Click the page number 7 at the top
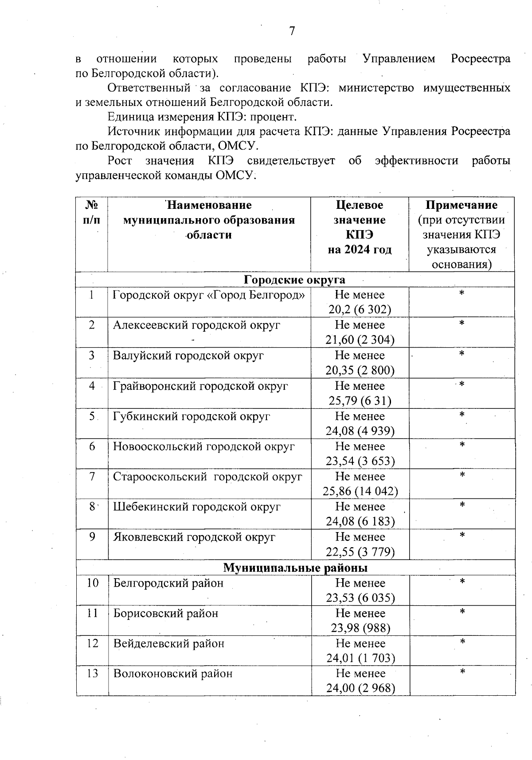(x=292, y=31)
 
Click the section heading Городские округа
(x=294, y=280)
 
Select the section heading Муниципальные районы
(x=295, y=568)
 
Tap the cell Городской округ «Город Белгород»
(x=209, y=295)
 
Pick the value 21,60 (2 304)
(x=360, y=340)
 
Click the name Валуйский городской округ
(x=188, y=356)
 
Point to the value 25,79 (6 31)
(x=360, y=401)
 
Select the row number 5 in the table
(x=92, y=416)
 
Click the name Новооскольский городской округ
(x=203, y=447)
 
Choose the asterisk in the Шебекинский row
(x=462, y=505)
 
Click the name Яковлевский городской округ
(x=194, y=537)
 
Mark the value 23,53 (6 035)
(x=360, y=598)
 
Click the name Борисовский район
(x=166, y=613)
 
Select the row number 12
(x=92, y=643)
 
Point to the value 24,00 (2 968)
(x=360, y=688)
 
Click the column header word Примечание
(x=462, y=205)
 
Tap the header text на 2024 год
(x=360, y=250)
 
